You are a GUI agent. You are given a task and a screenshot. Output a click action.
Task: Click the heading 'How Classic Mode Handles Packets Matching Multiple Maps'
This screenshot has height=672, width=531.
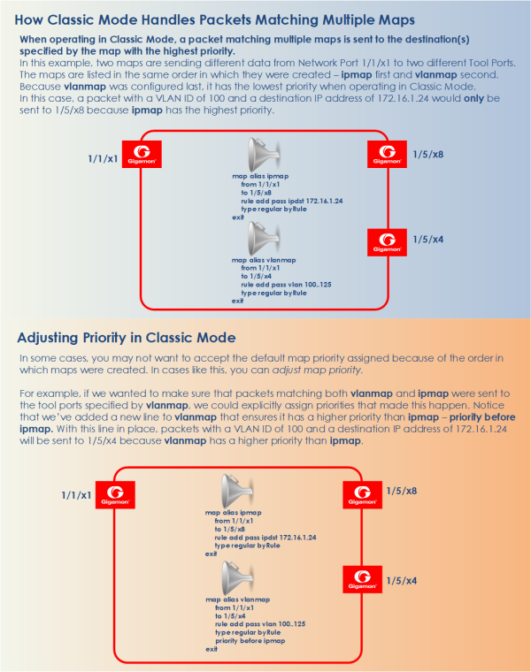click(x=214, y=20)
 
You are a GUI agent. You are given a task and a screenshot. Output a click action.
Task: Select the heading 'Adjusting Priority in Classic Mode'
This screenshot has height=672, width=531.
click(x=127, y=338)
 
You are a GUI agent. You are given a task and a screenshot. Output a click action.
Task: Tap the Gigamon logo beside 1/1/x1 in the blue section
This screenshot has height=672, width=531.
click(x=142, y=154)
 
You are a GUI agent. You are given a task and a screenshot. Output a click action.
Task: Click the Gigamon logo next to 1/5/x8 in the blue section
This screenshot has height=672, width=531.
click(x=387, y=154)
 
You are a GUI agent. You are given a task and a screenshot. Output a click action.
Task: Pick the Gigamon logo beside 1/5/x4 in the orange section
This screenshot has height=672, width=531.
click(x=363, y=579)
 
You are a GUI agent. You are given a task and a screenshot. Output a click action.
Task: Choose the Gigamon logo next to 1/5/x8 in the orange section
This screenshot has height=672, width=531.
click(x=363, y=494)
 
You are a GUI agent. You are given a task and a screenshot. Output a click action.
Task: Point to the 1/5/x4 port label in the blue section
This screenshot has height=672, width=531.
click(x=428, y=240)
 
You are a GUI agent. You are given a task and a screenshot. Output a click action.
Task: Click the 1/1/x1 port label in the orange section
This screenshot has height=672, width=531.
click(x=76, y=495)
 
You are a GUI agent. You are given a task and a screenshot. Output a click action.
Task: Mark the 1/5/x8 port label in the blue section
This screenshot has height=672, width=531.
click(x=428, y=154)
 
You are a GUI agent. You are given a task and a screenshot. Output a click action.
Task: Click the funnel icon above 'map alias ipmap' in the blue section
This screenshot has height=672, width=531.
click(x=264, y=154)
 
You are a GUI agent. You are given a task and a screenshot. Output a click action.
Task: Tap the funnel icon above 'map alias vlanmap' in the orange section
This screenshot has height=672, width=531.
click(x=237, y=578)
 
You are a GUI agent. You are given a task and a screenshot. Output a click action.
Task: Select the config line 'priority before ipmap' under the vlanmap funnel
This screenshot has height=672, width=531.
click(x=250, y=641)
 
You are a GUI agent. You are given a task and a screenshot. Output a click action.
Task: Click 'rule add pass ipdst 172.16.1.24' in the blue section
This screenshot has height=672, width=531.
click(x=292, y=201)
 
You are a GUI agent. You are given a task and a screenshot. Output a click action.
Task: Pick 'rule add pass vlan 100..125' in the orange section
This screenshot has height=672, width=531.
click(x=260, y=624)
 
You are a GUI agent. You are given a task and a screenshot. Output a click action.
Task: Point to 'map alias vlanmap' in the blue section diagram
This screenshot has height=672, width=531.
click(x=264, y=260)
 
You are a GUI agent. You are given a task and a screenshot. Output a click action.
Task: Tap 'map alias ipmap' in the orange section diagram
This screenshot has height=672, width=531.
click(x=234, y=513)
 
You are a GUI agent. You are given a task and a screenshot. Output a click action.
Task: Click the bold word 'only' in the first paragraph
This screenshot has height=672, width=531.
click(x=473, y=98)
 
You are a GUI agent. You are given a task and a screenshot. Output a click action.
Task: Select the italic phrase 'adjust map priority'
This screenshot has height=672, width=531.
click(x=318, y=370)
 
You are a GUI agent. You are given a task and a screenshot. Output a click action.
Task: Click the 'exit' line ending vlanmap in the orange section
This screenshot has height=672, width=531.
click(x=211, y=649)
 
